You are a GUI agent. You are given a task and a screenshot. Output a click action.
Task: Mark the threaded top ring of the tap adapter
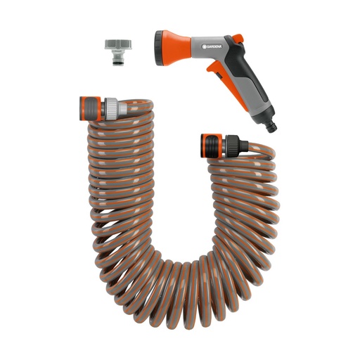pos(115,44)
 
